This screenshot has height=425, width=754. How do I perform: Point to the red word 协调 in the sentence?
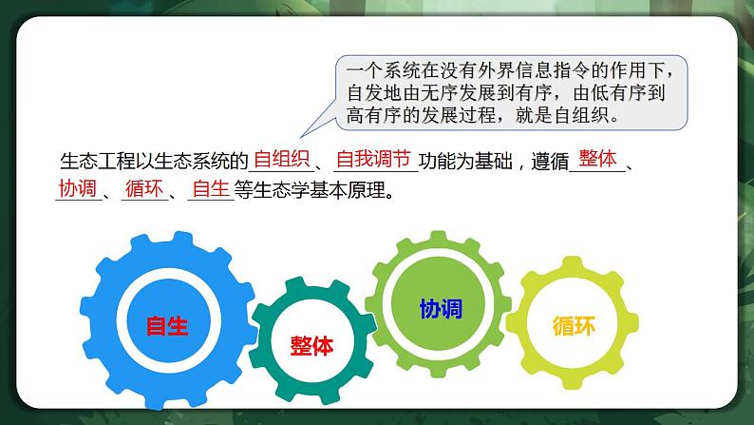77,188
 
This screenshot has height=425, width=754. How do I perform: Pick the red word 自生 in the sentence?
210,188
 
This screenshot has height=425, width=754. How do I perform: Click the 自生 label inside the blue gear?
167,326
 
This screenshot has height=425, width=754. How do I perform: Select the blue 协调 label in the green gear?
441,308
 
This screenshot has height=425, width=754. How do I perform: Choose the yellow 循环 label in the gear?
574,326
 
